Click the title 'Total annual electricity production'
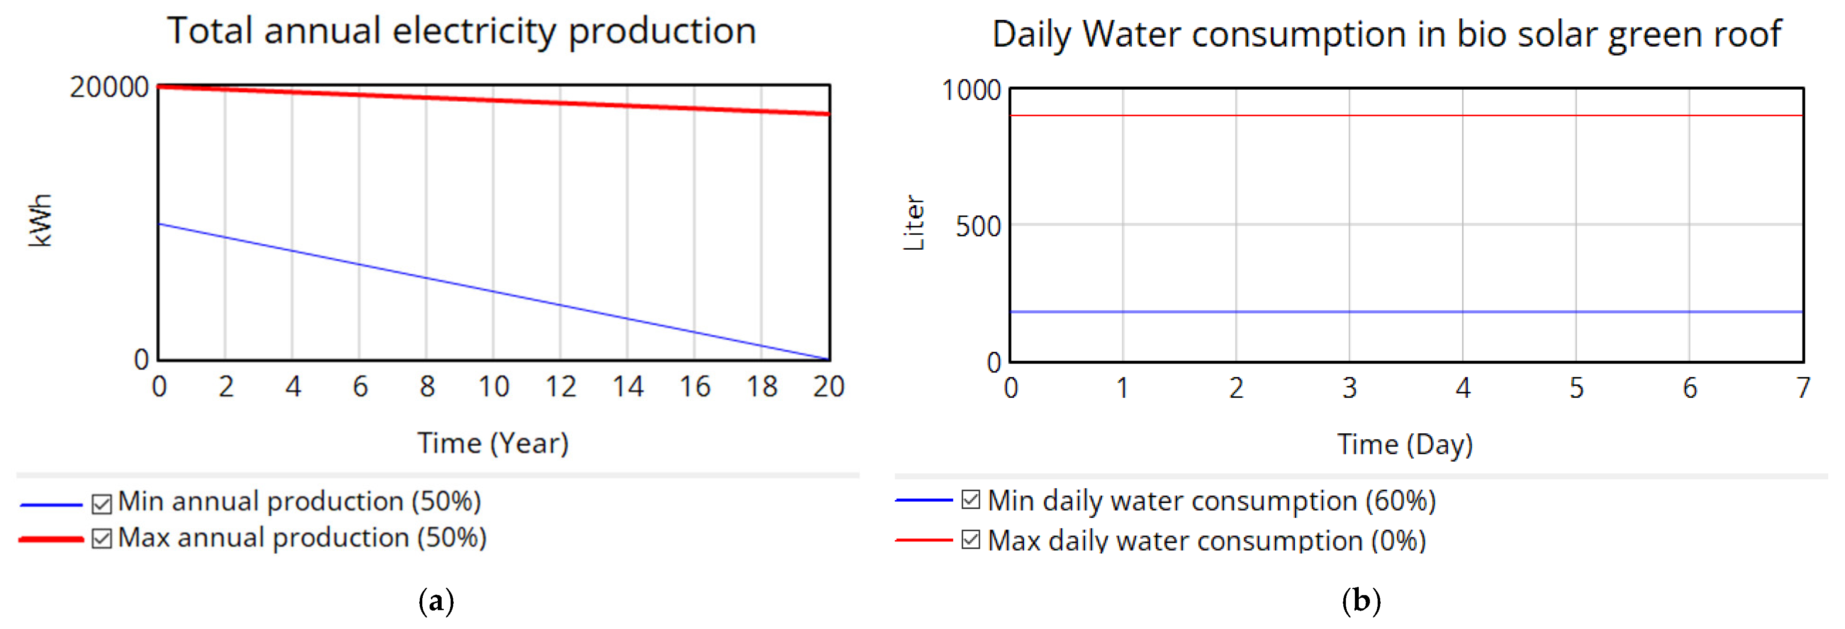click(x=462, y=31)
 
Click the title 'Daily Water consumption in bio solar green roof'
click(x=1386, y=34)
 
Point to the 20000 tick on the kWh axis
click(x=109, y=88)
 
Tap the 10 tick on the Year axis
click(x=494, y=387)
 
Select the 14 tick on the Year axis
click(x=627, y=387)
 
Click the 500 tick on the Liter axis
click(x=978, y=227)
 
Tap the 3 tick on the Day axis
click(x=1349, y=388)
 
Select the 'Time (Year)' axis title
click(x=493, y=443)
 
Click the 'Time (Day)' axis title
click(x=1405, y=444)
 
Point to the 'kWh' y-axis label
click(x=41, y=221)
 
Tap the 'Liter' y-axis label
click(x=914, y=223)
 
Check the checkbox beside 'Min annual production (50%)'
click(x=102, y=504)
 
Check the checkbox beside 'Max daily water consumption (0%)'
click(x=970, y=539)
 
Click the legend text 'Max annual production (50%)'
click(x=302, y=537)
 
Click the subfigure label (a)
click(x=436, y=600)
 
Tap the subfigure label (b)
click(x=1361, y=600)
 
